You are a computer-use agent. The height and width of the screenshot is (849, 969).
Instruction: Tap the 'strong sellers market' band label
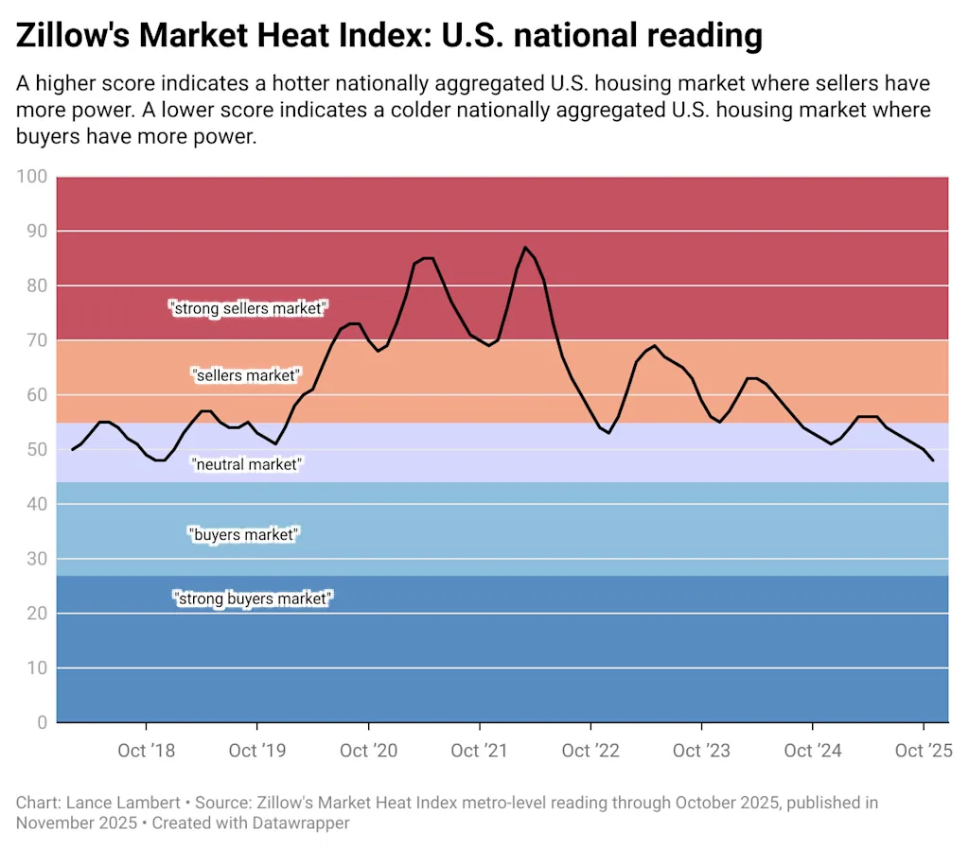coord(248,307)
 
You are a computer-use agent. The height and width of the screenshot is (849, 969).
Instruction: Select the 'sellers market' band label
coord(246,375)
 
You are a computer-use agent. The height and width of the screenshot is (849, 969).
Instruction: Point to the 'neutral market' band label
coord(246,464)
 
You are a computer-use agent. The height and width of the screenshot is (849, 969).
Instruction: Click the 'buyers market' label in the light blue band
coord(245,535)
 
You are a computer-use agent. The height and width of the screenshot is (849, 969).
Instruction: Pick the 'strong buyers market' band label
coord(253,598)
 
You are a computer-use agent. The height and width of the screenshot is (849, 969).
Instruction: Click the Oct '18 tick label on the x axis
coord(146,751)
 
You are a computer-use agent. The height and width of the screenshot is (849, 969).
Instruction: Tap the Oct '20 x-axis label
coord(368,751)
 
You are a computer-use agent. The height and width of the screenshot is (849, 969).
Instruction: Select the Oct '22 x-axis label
coord(590,751)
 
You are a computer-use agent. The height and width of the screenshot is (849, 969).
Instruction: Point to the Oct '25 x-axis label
coord(923,751)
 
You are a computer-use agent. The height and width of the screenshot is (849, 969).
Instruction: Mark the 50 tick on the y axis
coord(35,450)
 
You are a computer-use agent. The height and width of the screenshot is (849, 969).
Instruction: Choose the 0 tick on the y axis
coord(41,723)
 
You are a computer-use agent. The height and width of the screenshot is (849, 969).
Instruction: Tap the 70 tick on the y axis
coord(35,340)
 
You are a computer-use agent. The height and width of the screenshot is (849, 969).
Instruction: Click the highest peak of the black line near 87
coord(525,247)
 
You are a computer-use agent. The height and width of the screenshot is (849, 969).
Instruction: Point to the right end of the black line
coord(933,460)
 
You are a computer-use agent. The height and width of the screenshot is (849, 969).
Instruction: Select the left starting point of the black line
coord(72,450)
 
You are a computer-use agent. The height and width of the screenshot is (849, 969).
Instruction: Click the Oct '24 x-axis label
coord(812,751)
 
